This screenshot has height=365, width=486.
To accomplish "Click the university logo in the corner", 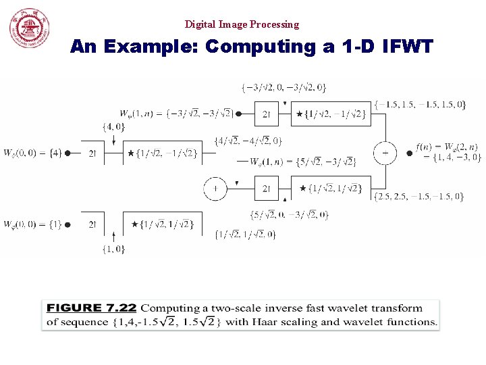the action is click(29, 28).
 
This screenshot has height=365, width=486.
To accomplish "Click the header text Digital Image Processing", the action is click(242, 24).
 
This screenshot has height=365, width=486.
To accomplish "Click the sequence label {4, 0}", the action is click(113, 126).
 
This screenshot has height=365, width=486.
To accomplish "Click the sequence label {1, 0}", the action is click(113, 249).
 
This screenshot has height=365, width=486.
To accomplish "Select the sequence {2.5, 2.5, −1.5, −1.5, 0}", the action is click(418, 196).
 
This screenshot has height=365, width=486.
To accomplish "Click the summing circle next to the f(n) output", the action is click(385, 153).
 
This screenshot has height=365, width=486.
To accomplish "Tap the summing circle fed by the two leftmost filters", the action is click(215, 188).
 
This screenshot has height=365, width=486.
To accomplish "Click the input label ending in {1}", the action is click(32, 224).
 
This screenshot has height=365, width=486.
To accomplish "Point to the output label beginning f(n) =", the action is click(448, 152).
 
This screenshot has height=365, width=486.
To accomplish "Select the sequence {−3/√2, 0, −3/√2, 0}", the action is click(283, 87).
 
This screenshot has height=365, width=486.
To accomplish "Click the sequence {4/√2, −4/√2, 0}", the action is click(248, 141).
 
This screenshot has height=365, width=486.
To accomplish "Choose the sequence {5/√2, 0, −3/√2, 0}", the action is click(289, 215).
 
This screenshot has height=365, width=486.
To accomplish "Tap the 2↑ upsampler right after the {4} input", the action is click(94, 153).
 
